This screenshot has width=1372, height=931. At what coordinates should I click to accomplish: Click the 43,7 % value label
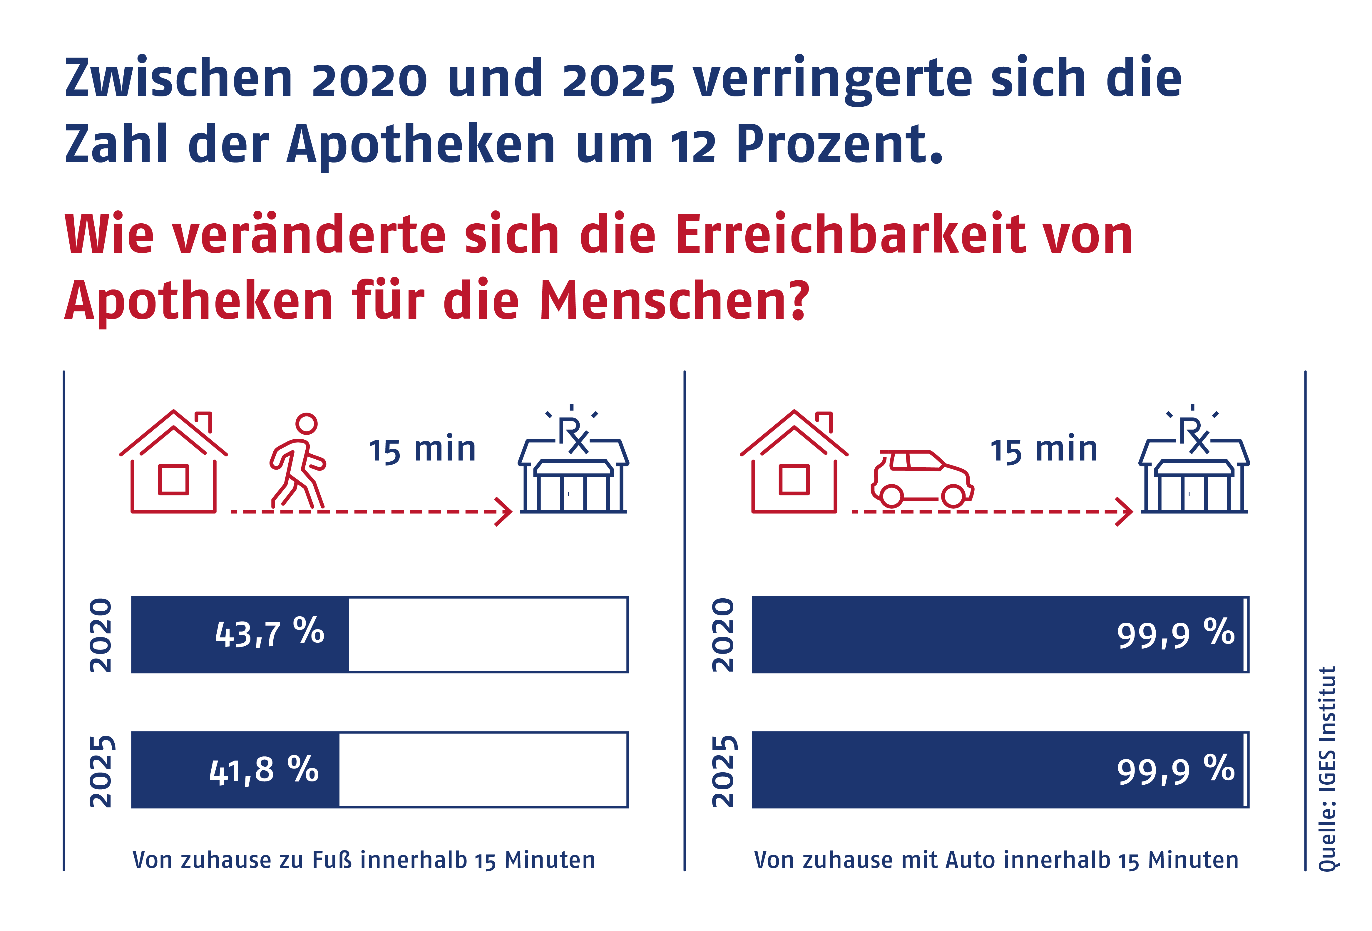(x=269, y=634)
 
